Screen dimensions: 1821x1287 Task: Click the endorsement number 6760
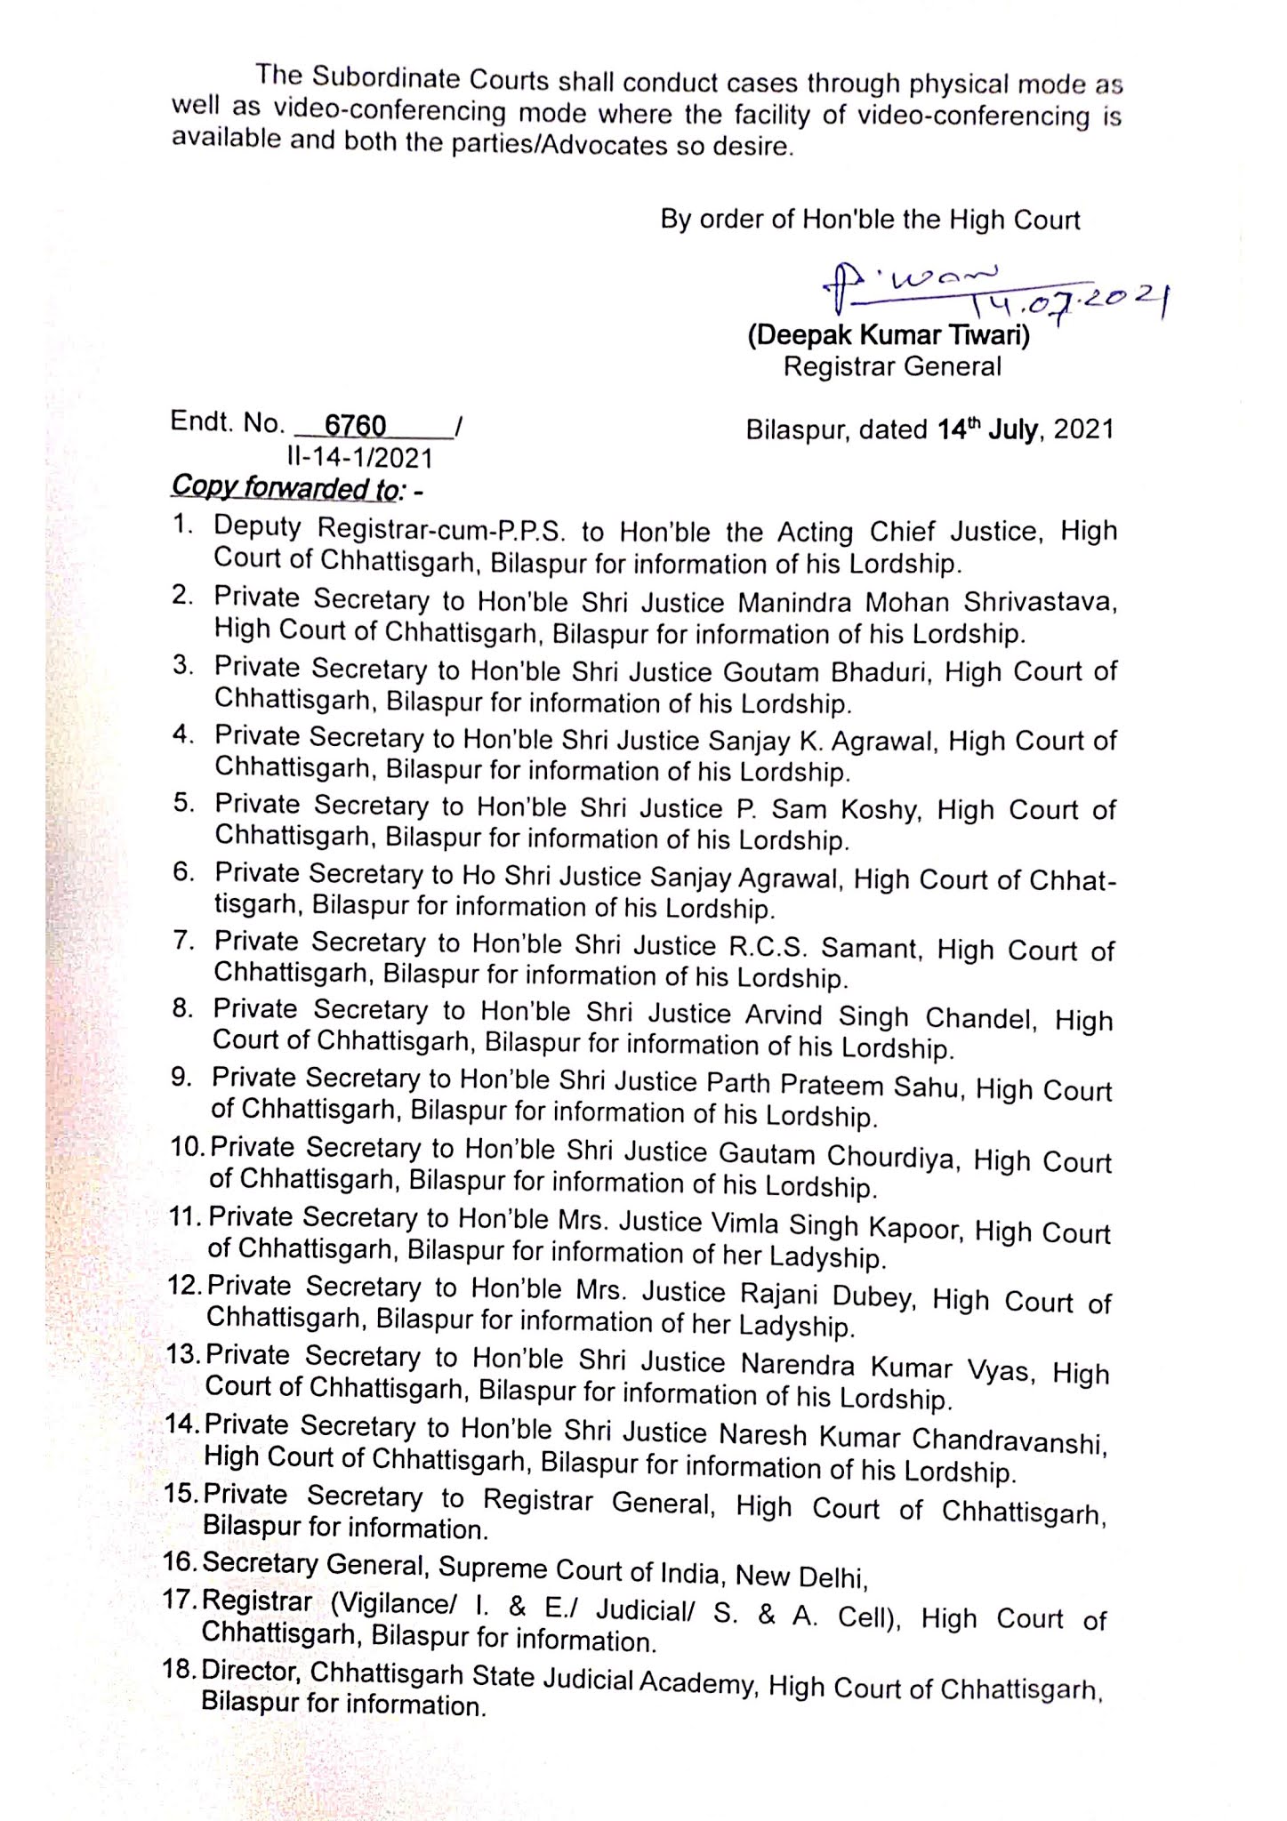click(x=355, y=426)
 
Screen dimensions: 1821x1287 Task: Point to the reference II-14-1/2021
click(x=359, y=458)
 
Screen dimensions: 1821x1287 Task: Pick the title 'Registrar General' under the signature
click(x=892, y=366)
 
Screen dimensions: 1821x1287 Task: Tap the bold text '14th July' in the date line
click(x=987, y=429)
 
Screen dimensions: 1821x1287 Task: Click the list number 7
click(x=184, y=941)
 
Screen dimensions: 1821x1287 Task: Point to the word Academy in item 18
click(x=701, y=1679)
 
